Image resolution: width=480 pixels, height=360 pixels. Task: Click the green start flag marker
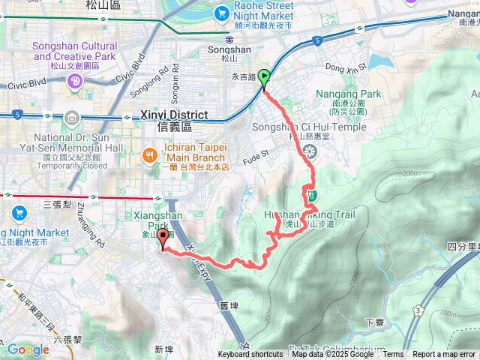tap(265, 78)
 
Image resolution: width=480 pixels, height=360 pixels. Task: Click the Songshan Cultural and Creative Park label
tap(74, 51)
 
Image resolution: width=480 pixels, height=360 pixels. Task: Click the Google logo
tap(28, 349)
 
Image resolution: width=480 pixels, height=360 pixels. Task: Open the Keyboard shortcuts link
tap(250, 355)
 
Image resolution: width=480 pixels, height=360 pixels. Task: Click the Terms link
tap(393, 355)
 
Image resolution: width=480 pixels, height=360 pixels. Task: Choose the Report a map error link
tap(444, 355)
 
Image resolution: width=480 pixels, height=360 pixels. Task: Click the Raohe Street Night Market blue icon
tap(222, 13)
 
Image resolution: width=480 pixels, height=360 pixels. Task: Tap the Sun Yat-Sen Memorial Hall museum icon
tap(71, 118)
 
